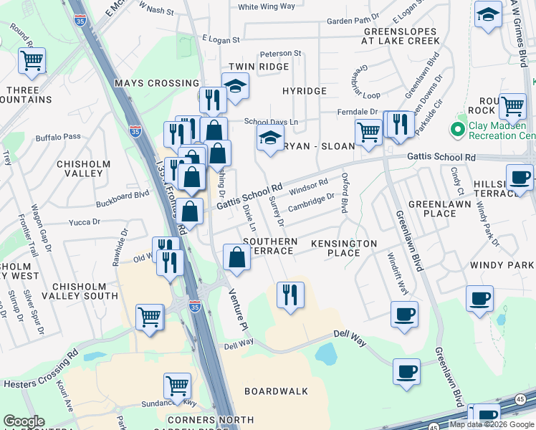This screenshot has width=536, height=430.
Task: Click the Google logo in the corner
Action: [24, 421]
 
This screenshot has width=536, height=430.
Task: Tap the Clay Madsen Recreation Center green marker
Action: [456, 130]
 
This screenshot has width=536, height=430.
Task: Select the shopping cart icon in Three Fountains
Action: [32, 63]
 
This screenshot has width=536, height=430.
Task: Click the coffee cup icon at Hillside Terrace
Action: [519, 178]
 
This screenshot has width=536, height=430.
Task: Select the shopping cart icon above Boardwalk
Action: [177, 386]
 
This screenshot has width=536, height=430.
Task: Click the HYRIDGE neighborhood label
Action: [304, 91]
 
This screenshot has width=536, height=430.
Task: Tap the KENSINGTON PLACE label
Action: [344, 248]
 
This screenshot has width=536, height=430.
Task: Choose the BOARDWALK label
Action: [276, 391]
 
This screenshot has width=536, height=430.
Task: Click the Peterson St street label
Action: [281, 54]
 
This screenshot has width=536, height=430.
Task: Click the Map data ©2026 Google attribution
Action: [491, 424]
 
